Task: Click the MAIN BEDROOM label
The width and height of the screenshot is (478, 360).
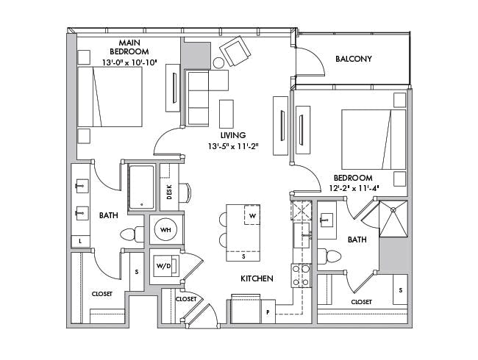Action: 129,47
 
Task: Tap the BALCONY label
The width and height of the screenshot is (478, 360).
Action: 353,59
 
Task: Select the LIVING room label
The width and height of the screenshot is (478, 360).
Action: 232,135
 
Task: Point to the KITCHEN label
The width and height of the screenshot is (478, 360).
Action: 257,278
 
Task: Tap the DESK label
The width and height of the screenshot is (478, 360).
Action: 169,192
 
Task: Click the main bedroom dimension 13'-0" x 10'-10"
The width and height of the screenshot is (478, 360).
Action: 129,62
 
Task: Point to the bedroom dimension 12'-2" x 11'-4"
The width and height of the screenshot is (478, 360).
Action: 356,188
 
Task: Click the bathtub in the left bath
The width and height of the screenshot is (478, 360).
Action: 141,187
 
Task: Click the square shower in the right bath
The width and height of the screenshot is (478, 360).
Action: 393,218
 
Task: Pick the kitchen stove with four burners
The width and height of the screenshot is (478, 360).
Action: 301,276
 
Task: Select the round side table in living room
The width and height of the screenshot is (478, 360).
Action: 221,62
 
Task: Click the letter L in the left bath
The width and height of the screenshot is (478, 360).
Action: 79,240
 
